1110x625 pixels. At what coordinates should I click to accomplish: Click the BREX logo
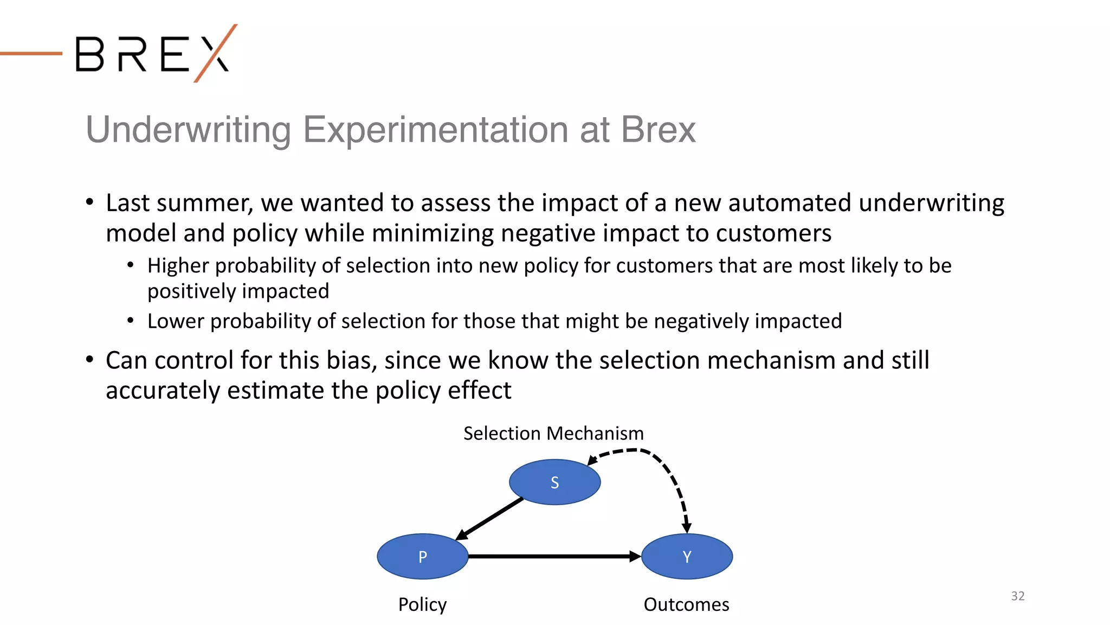(x=154, y=54)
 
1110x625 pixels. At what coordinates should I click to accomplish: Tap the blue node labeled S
(x=554, y=482)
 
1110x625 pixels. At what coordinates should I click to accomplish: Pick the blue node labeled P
(x=422, y=557)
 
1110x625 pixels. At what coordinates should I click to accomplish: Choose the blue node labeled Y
(x=687, y=557)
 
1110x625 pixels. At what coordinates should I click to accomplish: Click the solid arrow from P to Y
(x=553, y=557)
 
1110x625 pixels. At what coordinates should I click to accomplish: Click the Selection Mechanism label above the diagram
(x=553, y=433)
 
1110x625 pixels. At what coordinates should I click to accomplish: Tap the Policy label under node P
(x=422, y=604)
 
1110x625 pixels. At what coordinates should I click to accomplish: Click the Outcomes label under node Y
(x=686, y=604)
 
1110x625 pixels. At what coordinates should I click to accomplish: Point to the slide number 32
(x=1017, y=596)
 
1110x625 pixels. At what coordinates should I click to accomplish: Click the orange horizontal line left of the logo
(x=31, y=53)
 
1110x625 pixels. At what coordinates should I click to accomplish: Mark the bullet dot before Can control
(x=90, y=360)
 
